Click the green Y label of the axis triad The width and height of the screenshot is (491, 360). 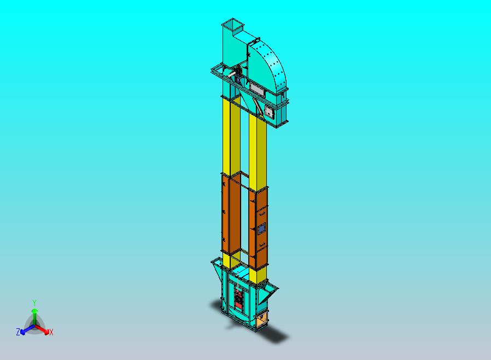[x=34, y=303]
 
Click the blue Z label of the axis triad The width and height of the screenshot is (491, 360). [x=18, y=332]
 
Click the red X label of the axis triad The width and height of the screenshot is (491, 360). [x=51, y=332]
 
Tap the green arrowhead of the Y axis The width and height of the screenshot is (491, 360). [x=35, y=311]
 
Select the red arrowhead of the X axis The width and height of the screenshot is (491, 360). [x=46, y=331]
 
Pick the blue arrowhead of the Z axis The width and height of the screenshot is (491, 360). [x=23, y=332]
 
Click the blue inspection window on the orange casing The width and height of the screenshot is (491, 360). [x=261, y=229]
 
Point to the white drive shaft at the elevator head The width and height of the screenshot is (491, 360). [x=232, y=74]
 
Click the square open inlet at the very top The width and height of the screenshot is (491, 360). [x=232, y=24]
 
